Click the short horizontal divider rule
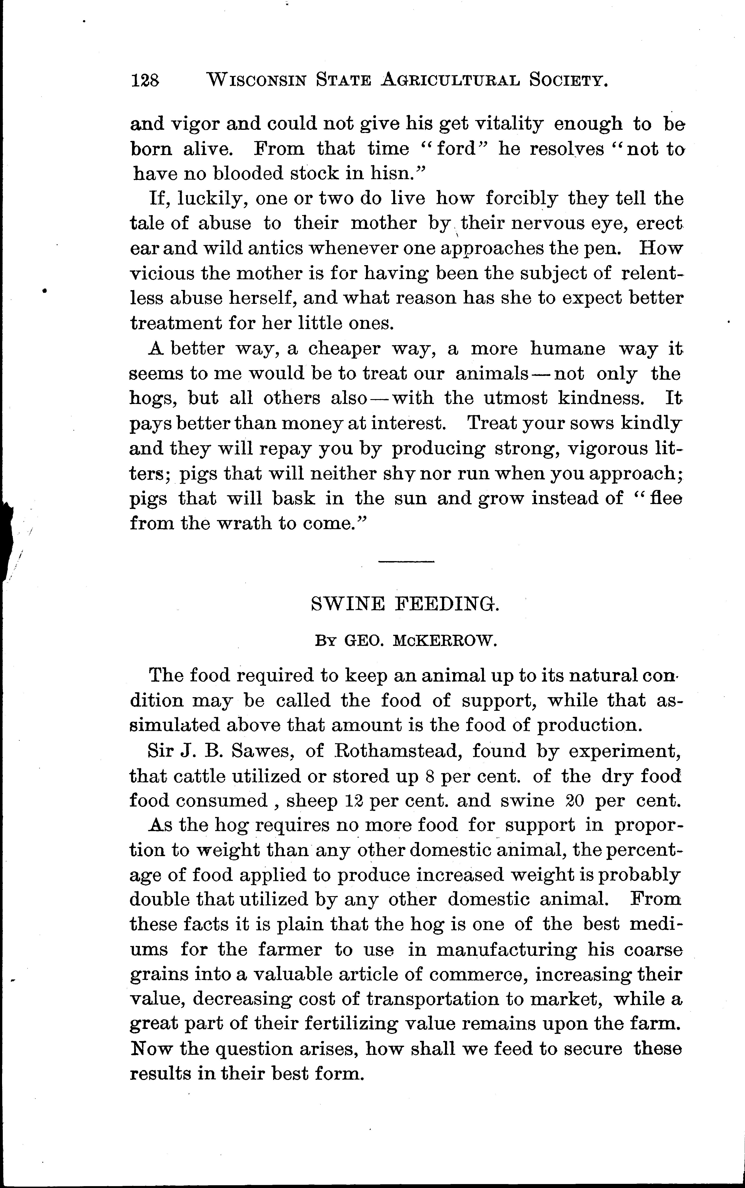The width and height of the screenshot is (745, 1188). coord(406,561)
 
